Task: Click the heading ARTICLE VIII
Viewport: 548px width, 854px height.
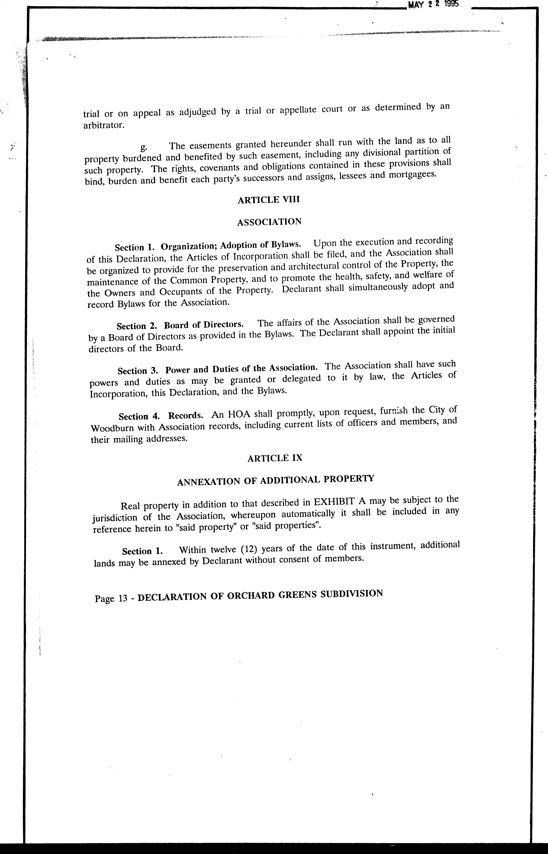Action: click(269, 200)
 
